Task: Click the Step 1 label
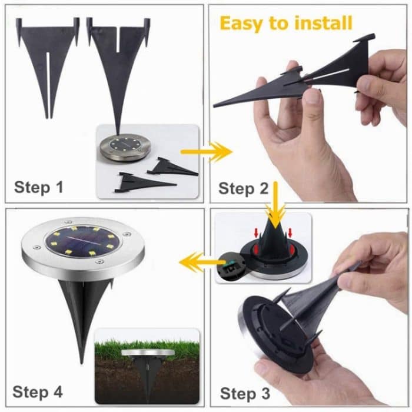[38, 187]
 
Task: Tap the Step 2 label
[244, 188]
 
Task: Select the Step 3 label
[244, 393]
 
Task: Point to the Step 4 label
[38, 391]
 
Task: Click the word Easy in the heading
[242, 23]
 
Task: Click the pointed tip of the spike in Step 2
[216, 105]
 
